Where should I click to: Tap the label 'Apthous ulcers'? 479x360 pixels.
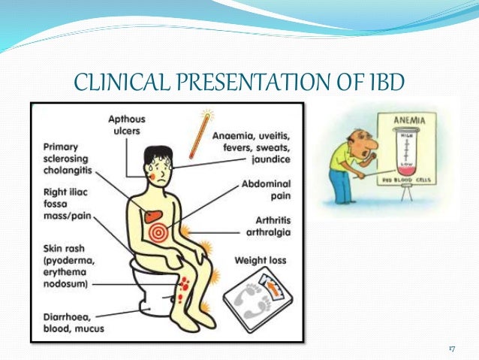tap(128, 125)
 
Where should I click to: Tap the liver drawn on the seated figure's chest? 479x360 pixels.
tap(155, 213)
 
